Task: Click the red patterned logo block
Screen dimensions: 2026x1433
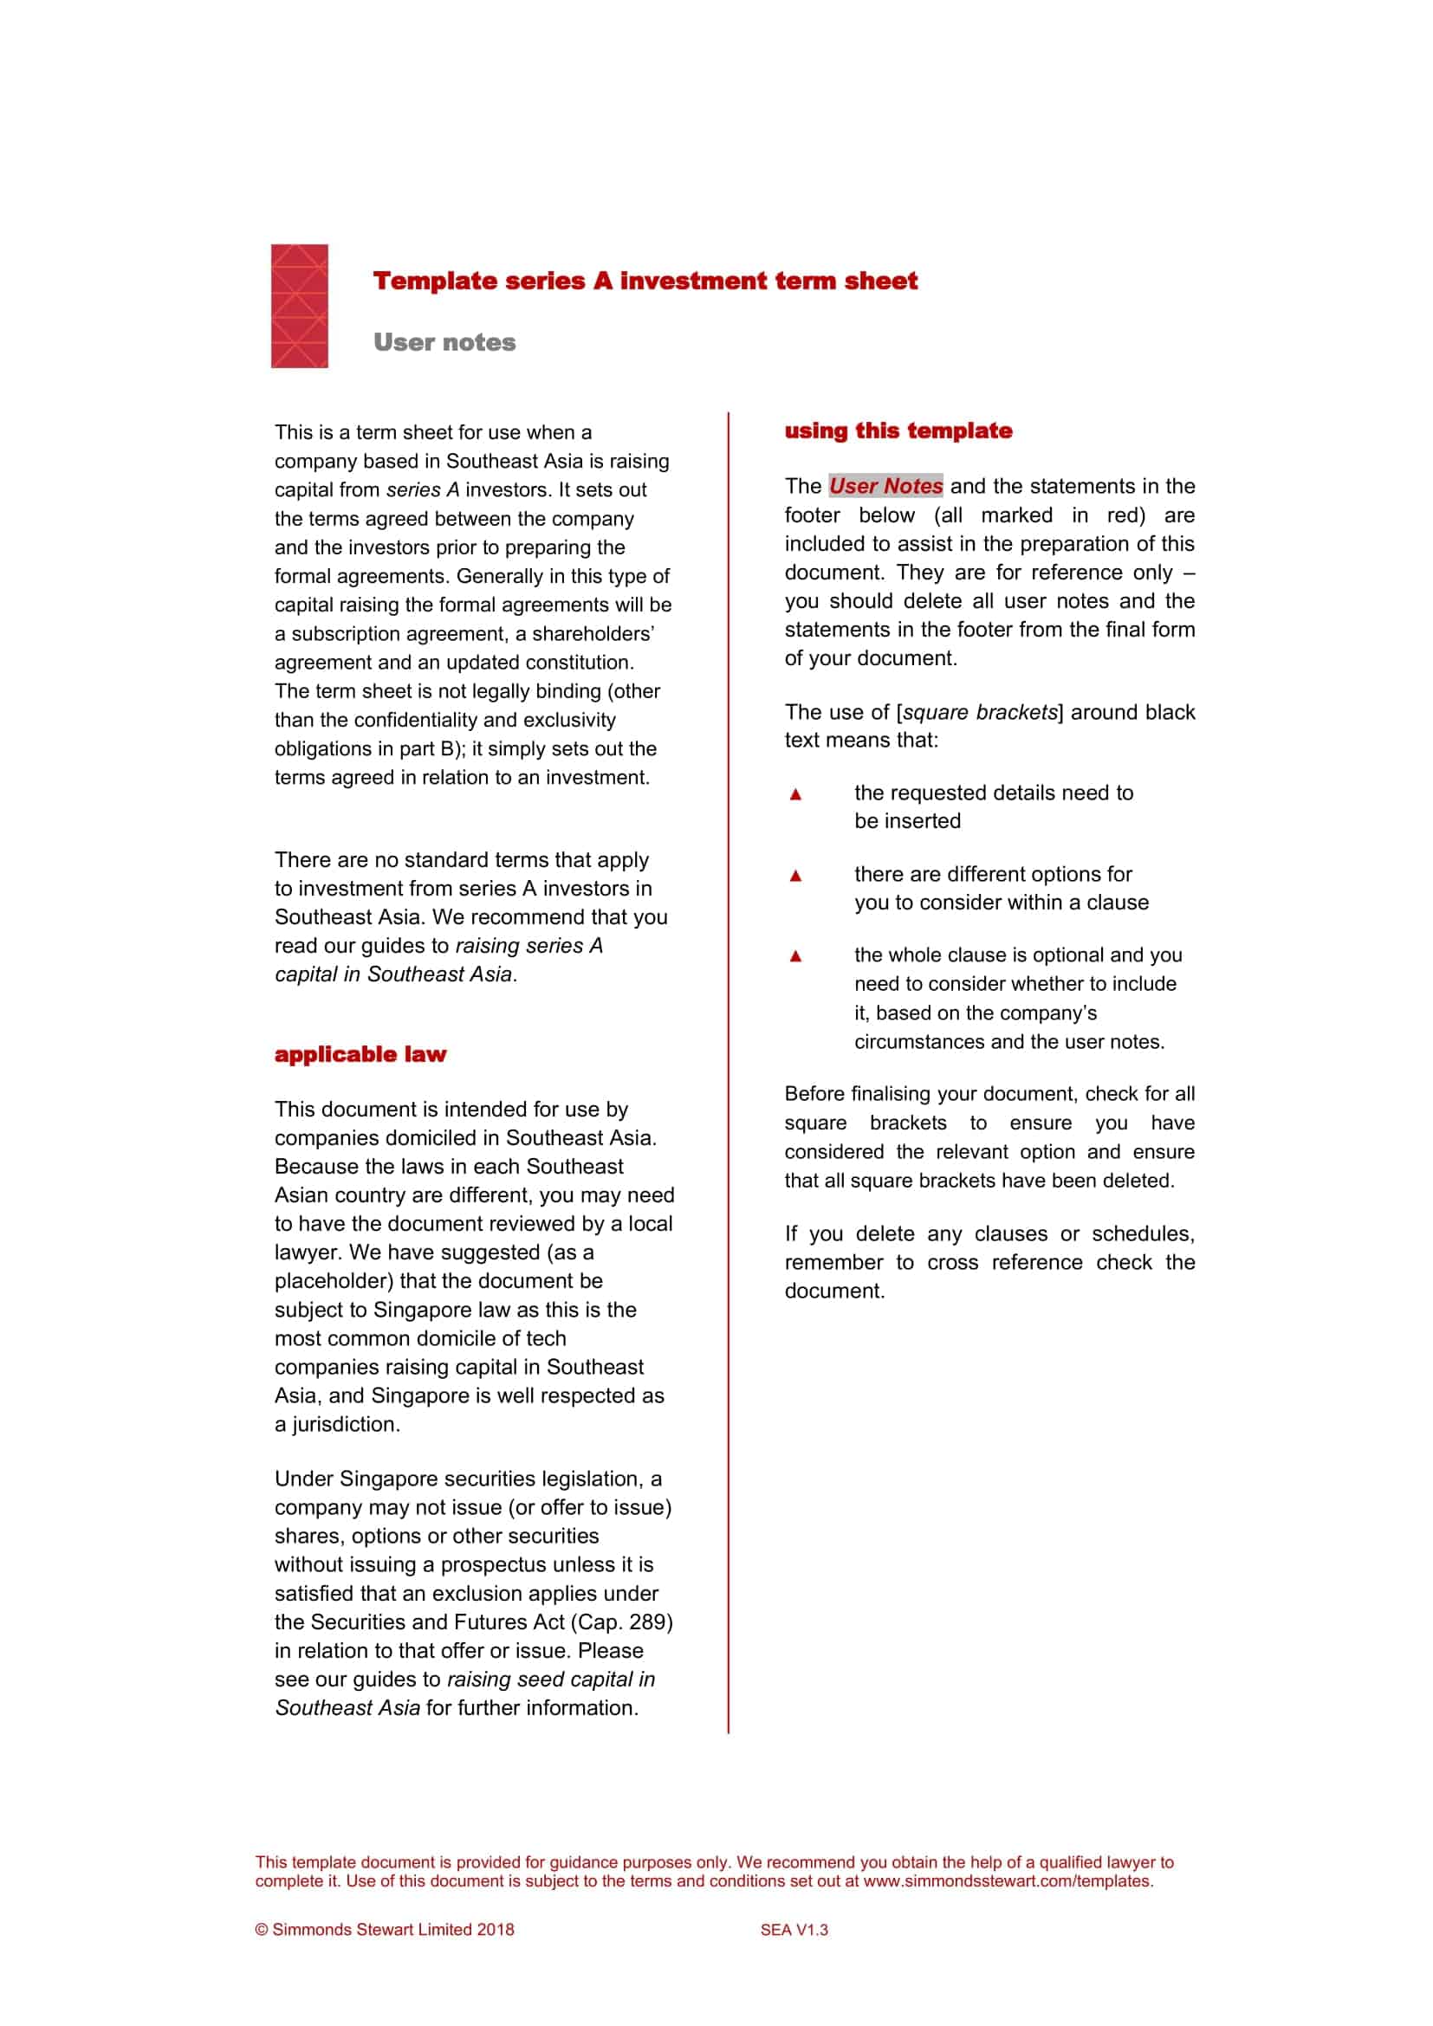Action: click(x=299, y=305)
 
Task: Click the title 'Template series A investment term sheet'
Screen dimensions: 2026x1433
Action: click(x=645, y=281)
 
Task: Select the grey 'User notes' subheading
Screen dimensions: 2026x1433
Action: click(x=444, y=342)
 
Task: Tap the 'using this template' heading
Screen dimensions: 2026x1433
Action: click(x=898, y=430)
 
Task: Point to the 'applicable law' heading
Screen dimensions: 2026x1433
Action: click(x=360, y=1054)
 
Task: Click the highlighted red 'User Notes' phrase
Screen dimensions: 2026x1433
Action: click(x=886, y=486)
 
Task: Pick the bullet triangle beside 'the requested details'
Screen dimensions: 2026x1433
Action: click(x=795, y=794)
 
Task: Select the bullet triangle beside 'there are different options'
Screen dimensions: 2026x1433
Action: click(x=795, y=876)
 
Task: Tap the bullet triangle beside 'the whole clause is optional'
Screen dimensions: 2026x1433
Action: click(x=795, y=955)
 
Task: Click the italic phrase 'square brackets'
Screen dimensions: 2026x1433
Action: click(x=980, y=712)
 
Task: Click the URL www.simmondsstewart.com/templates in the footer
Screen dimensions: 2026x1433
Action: click(x=1007, y=1880)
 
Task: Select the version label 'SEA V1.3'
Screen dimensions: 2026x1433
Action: click(x=794, y=1930)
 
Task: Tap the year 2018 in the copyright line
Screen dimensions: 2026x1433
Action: click(x=495, y=1930)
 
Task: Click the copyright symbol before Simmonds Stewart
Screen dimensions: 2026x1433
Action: click(x=261, y=1930)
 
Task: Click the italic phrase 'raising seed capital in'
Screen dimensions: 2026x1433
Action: click(x=551, y=1680)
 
